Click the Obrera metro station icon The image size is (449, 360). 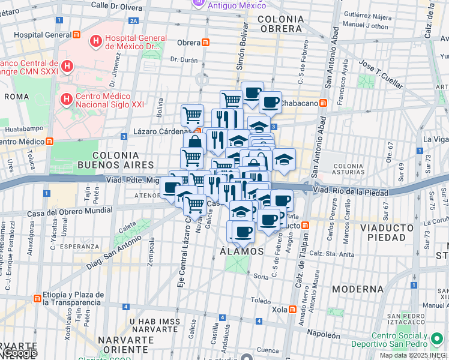coord(206,43)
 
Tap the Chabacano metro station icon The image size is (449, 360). coord(324,101)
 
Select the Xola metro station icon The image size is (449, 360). coord(292,310)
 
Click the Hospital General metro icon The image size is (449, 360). coord(76,35)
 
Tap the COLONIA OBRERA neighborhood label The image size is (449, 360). coord(279,24)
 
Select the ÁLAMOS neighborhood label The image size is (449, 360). coord(239,251)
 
